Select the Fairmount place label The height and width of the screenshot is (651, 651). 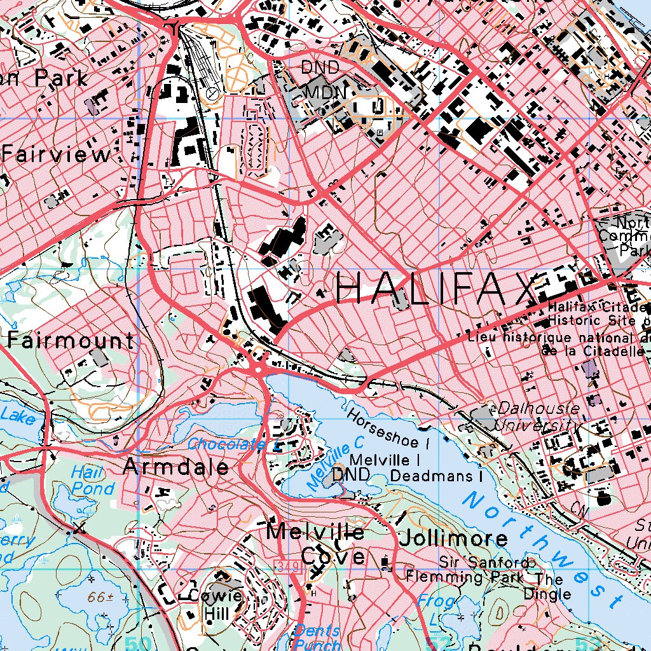71,341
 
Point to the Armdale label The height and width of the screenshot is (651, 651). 176,467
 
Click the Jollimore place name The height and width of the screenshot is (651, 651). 453,539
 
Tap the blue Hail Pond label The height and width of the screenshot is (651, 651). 92,481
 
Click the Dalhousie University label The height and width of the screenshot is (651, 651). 538,416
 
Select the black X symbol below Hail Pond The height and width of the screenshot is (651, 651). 79,527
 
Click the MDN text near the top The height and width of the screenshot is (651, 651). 325,93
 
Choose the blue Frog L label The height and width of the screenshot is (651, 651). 437,609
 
